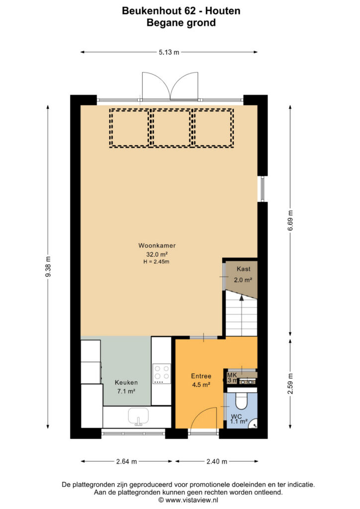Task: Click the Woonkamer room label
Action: (157, 246)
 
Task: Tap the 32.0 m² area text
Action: (157, 254)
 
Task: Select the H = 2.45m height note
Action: (157, 261)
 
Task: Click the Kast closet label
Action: (244, 269)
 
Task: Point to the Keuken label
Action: (126, 383)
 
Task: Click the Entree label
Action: (201, 376)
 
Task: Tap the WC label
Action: (236, 417)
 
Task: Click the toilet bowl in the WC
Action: (241, 401)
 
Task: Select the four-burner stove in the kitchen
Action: (162, 373)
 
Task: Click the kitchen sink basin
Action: (138, 416)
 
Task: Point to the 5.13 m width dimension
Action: (169, 52)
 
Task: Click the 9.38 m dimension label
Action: (48, 267)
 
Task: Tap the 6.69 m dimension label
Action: (290, 220)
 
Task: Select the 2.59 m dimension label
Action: (290, 384)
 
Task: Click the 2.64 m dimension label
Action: (127, 461)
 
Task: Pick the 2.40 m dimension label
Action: (217, 461)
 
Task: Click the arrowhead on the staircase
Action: (241, 298)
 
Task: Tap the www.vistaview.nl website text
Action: (191, 500)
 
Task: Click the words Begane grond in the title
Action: (181, 23)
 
